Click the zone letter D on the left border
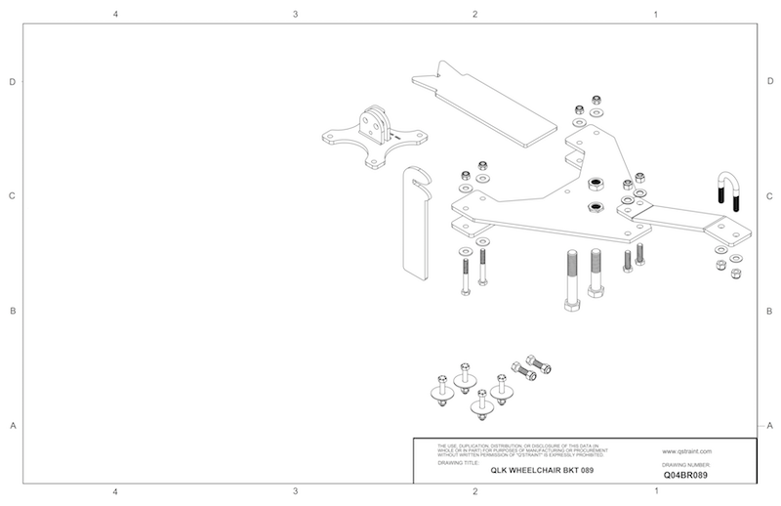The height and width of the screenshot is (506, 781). tap(12, 82)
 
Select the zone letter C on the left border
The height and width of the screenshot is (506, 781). tap(12, 196)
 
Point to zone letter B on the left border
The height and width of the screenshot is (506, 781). tap(12, 312)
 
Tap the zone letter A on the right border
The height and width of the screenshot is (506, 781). tap(770, 426)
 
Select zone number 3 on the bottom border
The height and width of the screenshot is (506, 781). tap(295, 491)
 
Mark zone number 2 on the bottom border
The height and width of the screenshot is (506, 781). tap(474, 491)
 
